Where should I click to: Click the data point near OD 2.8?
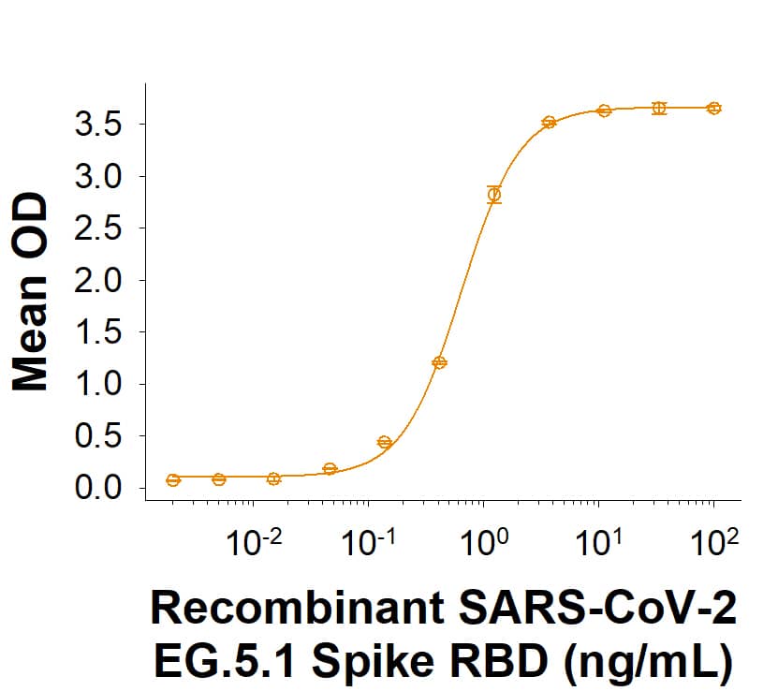[494, 195]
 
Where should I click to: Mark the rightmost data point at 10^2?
[713, 109]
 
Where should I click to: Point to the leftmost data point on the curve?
[173, 480]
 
